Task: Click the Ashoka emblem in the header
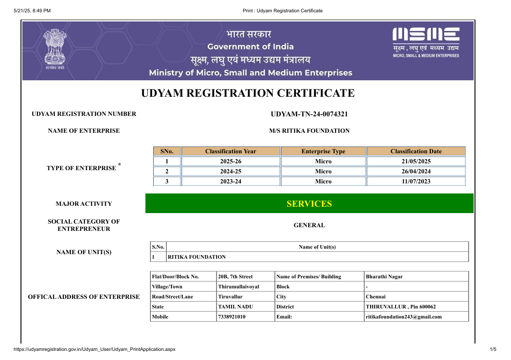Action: (55, 48)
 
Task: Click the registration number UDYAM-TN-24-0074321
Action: (309, 114)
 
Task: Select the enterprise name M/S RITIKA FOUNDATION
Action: (309, 131)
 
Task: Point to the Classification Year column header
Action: (231, 151)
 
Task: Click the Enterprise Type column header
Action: (323, 151)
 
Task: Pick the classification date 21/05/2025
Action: (416, 162)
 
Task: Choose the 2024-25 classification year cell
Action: (231, 172)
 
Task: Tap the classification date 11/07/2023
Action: (416, 182)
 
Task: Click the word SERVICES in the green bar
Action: (309, 204)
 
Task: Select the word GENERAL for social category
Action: (309, 225)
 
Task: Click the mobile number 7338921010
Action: (232, 317)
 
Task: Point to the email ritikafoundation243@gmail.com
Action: (403, 317)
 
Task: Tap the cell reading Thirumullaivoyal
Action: (238, 287)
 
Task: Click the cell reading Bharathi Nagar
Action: (384, 277)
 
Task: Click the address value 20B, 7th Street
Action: (235, 277)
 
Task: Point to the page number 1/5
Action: (493, 350)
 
